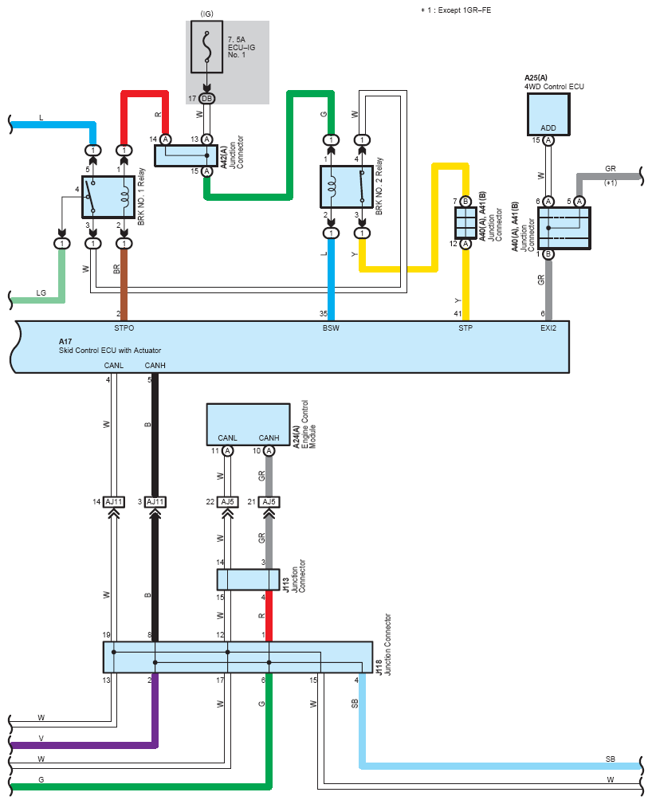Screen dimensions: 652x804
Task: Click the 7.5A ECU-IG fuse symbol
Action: click(x=206, y=47)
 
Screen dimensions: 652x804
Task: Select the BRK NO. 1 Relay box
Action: click(x=108, y=197)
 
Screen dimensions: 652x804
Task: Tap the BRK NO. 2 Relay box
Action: click(x=346, y=186)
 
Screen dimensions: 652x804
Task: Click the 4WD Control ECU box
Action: click(x=548, y=114)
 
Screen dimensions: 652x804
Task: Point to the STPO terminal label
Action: click(x=124, y=328)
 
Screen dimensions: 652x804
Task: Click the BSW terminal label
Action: click(x=331, y=328)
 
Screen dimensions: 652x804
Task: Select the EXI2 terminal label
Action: click(x=548, y=328)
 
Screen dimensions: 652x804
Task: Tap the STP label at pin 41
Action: click(x=465, y=328)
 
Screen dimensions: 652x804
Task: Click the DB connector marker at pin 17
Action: click(x=206, y=99)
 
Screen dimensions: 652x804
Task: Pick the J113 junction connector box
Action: click(x=248, y=580)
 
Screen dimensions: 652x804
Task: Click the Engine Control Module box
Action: click(x=248, y=425)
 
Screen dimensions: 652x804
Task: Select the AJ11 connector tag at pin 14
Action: click(x=114, y=502)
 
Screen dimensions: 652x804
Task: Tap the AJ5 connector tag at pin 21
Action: click(x=269, y=502)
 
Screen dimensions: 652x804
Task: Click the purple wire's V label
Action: click(x=41, y=739)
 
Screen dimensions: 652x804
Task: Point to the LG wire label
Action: click(x=41, y=292)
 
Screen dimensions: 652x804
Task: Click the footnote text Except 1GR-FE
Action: click(x=460, y=10)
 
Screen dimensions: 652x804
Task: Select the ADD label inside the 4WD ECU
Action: click(x=548, y=127)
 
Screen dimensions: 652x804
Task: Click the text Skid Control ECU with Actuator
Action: click(x=110, y=351)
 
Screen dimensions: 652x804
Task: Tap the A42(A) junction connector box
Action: click(x=186, y=155)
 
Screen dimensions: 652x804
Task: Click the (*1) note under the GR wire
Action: click(x=611, y=182)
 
